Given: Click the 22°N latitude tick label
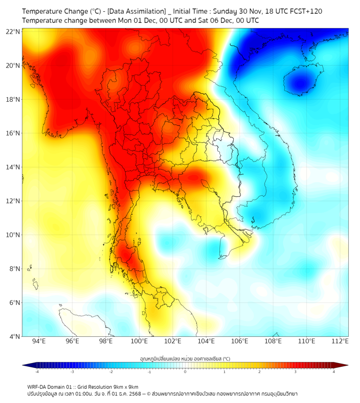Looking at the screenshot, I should (x=13, y=31).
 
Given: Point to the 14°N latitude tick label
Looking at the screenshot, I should (x=13, y=167).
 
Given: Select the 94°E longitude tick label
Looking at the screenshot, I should (x=39, y=341).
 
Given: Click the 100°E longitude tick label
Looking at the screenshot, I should (x=140, y=341).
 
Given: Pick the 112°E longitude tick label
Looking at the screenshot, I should (x=340, y=341).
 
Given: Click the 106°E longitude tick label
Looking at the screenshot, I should (x=240, y=341).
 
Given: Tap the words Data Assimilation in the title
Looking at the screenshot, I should (x=137, y=11).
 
